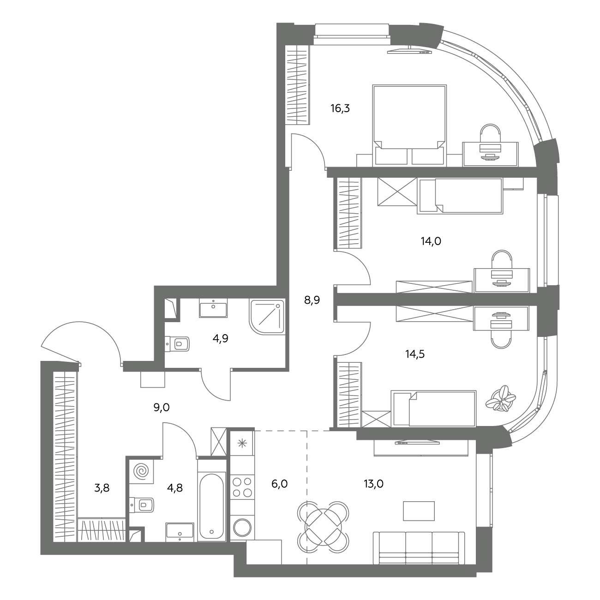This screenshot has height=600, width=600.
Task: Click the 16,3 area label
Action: tap(340, 108)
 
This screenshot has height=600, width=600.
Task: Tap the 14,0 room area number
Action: tap(431, 241)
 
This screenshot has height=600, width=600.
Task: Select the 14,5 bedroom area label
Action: tap(415, 354)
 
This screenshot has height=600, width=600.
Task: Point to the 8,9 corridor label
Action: tap(312, 300)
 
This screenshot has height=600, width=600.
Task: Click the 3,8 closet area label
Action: tap(102, 488)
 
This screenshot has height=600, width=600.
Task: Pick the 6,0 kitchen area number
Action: tap(279, 484)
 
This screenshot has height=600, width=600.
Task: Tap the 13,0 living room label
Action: tap(374, 484)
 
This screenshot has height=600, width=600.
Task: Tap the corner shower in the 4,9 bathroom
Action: tap(266, 317)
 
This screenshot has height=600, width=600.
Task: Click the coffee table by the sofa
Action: tap(419, 510)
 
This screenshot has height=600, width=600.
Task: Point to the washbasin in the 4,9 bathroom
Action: tap(213, 308)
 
